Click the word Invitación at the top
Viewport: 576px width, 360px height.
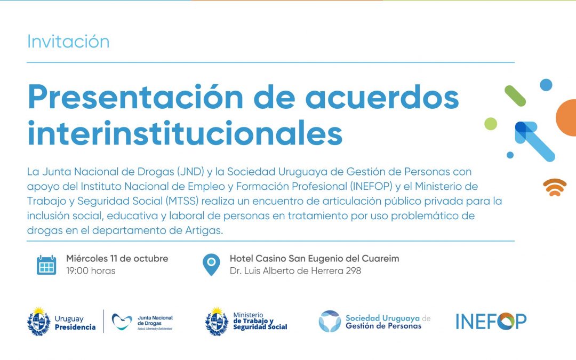click(68, 42)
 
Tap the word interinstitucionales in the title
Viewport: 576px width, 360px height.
click(185, 133)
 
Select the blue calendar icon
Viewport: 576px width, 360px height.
click(46, 265)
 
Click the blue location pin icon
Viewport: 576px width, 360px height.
click(211, 265)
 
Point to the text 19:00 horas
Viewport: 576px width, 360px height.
click(91, 271)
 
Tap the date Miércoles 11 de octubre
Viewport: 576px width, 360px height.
click(117, 259)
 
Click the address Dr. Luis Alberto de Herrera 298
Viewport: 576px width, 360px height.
click(295, 271)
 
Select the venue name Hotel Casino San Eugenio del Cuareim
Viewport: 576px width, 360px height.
click(315, 259)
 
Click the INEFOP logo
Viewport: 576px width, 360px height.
click(491, 322)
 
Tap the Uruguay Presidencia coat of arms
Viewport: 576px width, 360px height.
click(39, 322)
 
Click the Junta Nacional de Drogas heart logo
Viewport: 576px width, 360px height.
click(122, 322)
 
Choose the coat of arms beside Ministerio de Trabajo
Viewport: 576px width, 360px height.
click(217, 322)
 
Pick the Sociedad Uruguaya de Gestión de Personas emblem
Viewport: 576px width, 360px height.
click(330, 322)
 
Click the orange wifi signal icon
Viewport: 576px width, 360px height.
click(555, 187)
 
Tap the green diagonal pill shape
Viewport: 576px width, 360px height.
click(515, 96)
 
